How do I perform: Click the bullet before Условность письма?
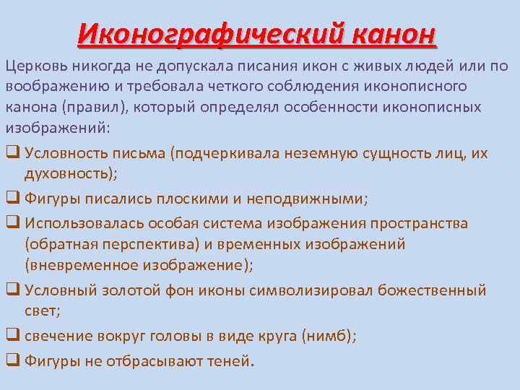click(x=12, y=153)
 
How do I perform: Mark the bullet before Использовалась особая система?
click(x=12, y=223)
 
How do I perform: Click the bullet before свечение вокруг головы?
click(x=12, y=336)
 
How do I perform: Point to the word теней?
click(x=229, y=360)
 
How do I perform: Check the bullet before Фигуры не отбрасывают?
click(x=12, y=360)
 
